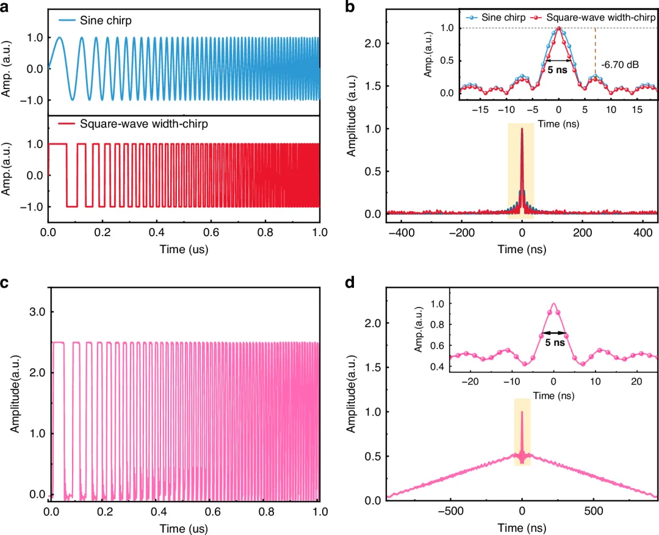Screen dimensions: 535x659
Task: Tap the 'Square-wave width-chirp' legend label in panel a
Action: [x=144, y=124]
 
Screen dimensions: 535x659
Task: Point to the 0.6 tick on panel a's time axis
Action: [x=211, y=232]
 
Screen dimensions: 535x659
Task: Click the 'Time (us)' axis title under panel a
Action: [x=184, y=250]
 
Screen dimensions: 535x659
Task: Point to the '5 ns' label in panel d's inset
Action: [x=555, y=342]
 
